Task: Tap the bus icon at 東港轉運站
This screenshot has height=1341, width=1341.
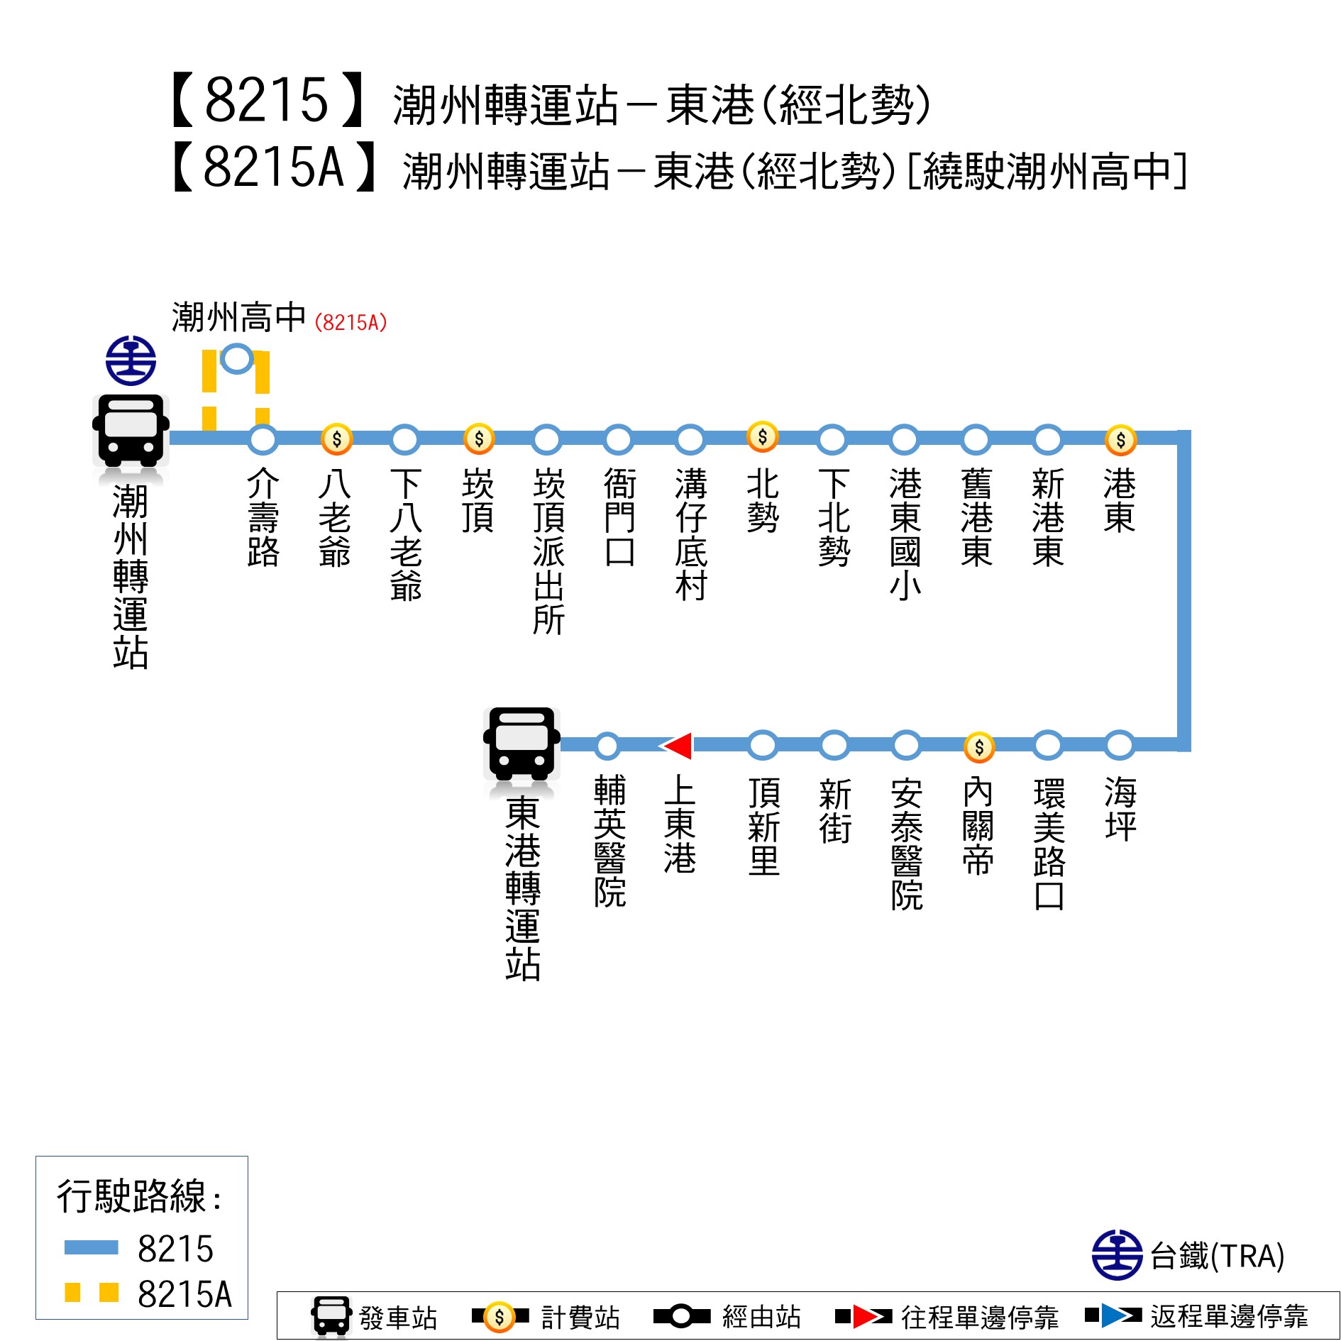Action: (x=521, y=743)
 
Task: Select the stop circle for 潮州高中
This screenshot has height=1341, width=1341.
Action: (x=236, y=358)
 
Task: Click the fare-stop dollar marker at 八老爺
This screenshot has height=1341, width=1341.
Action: (x=336, y=439)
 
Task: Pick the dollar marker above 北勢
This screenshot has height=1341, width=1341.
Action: (x=762, y=436)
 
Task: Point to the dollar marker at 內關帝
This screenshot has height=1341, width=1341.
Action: (x=978, y=746)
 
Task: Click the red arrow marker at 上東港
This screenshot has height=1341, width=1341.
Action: (x=677, y=746)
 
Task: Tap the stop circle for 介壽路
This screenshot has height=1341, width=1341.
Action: (x=263, y=439)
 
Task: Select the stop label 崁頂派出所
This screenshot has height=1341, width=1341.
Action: (x=548, y=551)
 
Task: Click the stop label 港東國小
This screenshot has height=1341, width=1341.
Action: (x=905, y=534)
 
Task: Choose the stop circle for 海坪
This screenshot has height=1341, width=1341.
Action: (x=1119, y=745)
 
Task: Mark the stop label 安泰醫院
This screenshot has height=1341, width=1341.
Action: (x=907, y=844)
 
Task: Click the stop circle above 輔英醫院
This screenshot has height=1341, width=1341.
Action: (x=607, y=746)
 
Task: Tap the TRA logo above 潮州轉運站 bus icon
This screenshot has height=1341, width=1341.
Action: (x=131, y=360)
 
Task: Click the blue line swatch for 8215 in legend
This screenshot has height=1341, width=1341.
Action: (x=91, y=1247)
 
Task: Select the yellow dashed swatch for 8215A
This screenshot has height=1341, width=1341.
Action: (x=91, y=1292)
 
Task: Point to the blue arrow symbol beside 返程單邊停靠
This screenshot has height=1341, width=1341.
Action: (x=1114, y=1315)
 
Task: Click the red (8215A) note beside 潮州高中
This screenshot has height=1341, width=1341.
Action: (x=351, y=323)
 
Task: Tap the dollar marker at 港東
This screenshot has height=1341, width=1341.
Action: (x=1120, y=440)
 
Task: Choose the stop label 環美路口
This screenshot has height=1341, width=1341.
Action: (x=1049, y=844)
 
